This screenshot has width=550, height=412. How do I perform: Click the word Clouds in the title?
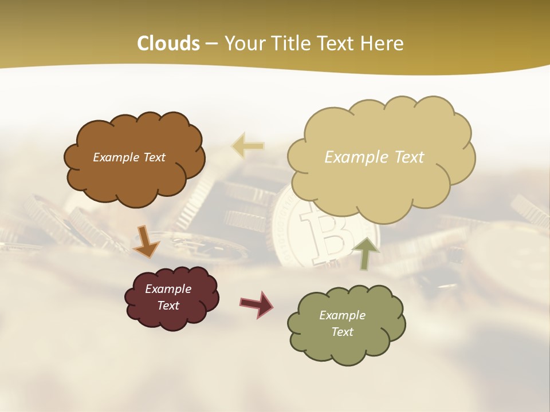(x=168, y=43)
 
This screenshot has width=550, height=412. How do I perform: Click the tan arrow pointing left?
(x=247, y=146)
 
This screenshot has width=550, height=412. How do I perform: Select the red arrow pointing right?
(x=257, y=304)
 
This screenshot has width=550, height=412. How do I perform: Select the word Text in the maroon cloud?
(x=168, y=306)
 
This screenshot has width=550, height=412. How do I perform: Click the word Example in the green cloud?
(x=342, y=315)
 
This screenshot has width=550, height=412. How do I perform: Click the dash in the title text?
(x=211, y=44)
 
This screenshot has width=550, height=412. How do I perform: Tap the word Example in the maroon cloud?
(x=168, y=289)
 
